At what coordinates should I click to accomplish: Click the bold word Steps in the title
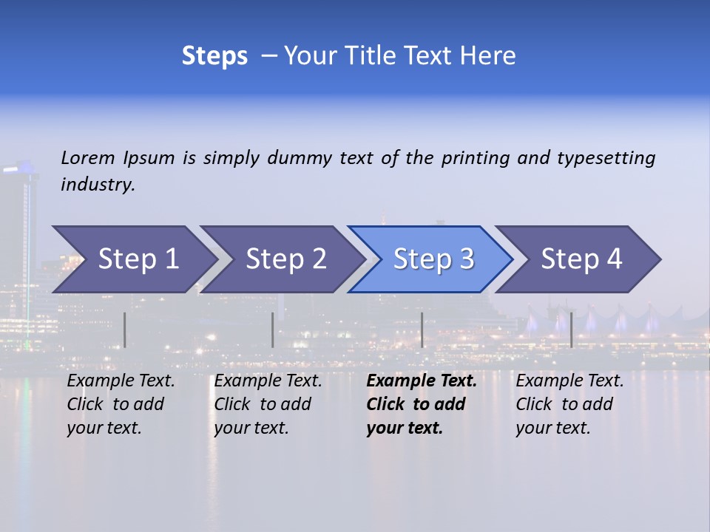214,56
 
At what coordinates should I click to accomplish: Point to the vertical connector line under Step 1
125,330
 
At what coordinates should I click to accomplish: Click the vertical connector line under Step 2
273,330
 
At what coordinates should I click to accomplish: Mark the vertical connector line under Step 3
422,330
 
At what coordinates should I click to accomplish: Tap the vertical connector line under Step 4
571,330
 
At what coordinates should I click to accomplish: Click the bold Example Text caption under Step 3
422,404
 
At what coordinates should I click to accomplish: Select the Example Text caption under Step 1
121,404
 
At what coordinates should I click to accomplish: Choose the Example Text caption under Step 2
268,404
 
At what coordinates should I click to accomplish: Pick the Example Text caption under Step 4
569,404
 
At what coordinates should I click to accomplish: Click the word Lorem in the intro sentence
88,158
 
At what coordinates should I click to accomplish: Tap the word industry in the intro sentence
97,185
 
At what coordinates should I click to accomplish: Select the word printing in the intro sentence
474,158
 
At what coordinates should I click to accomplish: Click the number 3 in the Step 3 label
466,259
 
